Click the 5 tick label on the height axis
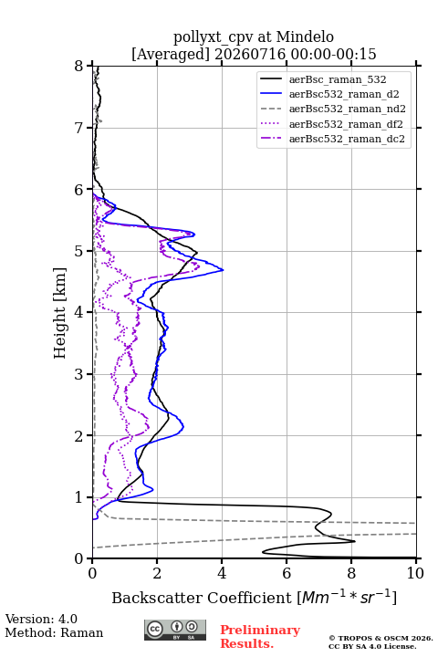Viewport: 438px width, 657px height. (78, 251)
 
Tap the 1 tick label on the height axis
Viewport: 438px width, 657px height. (78, 497)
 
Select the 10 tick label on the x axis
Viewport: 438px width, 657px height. (415, 573)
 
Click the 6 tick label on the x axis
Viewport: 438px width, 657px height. (287, 573)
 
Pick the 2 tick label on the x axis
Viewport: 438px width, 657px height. (157, 573)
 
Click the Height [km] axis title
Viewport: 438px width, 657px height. (60, 313)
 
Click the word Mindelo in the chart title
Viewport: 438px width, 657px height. (305, 36)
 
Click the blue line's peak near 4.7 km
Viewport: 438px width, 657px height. (223, 270)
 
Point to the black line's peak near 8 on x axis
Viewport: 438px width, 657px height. (355, 541)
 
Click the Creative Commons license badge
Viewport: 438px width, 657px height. (175, 631)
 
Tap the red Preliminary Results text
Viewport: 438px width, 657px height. (260, 637)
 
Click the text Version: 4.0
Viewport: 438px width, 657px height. (41, 619)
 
